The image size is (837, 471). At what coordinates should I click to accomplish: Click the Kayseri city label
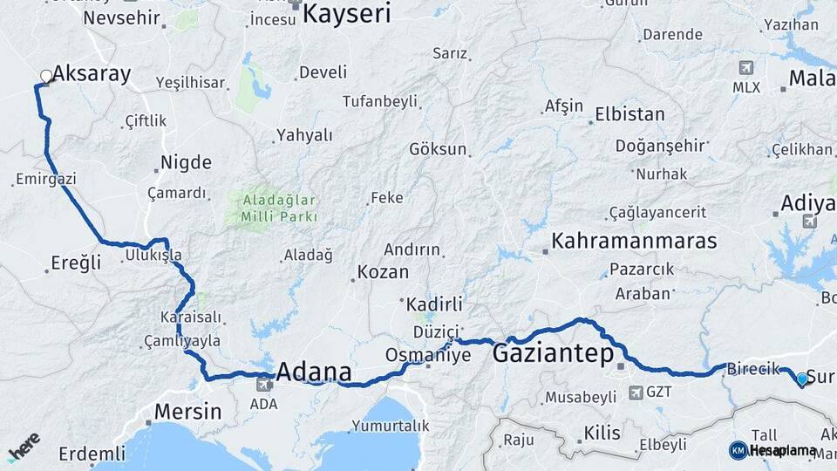pyautogui.click(x=347, y=13)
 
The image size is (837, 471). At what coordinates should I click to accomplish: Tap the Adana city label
pyautogui.click(x=314, y=373)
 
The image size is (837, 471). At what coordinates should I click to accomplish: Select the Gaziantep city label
pyautogui.click(x=552, y=353)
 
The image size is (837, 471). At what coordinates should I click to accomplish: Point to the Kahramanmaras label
pyautogui.click(x=634, y=241)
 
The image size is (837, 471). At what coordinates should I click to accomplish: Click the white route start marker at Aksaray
pyautogui.click(x=45, y=77)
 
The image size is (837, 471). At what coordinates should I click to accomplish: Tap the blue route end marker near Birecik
pyautogui.click(x=802, y=379)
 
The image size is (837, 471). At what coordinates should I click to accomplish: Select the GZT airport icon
pyautogui.click(x=636, y=392)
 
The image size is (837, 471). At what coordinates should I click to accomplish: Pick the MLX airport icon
pyautogui.click(x=746, y=68)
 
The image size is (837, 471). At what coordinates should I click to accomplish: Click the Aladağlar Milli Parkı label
pyautogui.click(x=274, y=208)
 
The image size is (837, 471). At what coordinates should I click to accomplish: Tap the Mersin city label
pyautogui.click(x=188, y=411)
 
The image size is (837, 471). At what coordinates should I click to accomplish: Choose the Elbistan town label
pyautogui.click(x=629, y=114)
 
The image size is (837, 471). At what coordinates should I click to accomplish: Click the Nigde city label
pyautogui.click(x=186, y=162)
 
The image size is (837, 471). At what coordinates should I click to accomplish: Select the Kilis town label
pyautogui.click(x=602, y=433)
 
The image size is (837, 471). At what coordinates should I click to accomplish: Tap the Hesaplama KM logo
pyautogui.click(x=772, y=450)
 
